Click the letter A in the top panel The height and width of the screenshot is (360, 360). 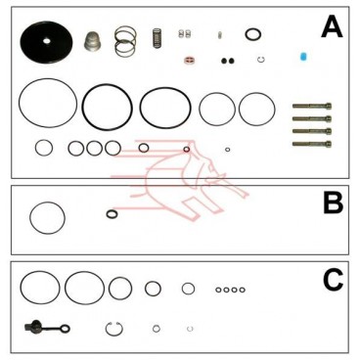coord(332,26)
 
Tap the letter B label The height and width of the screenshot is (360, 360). coord(333,202)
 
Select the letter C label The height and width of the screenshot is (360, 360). coord(333,282)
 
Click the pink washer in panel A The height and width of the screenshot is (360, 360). coord(188,60)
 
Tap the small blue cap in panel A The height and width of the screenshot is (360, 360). coord(303,57)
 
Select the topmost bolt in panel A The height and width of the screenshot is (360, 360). coord(311,106)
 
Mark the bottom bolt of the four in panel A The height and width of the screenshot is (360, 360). coord(311,143)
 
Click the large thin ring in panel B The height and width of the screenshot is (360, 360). coord(47,217)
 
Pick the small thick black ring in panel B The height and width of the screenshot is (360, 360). coord(112,214)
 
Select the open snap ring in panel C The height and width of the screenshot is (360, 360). coord(114,328)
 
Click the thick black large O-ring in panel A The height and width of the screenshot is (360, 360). coord(107,107)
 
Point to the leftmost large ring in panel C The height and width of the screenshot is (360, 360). coord(40,288)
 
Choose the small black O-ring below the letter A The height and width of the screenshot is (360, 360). coord(253,35)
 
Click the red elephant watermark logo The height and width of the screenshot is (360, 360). coord(181,176)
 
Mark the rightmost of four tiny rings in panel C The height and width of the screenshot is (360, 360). coord(243,290)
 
